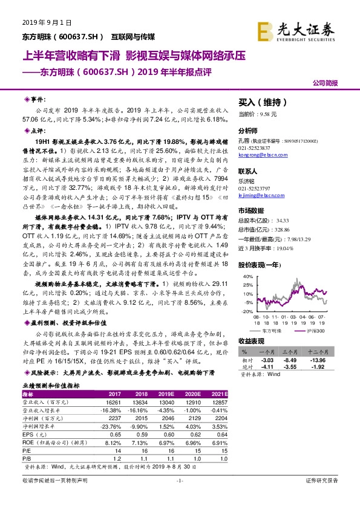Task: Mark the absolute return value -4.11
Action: click(267, 367)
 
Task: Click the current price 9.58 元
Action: click(266, 114)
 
